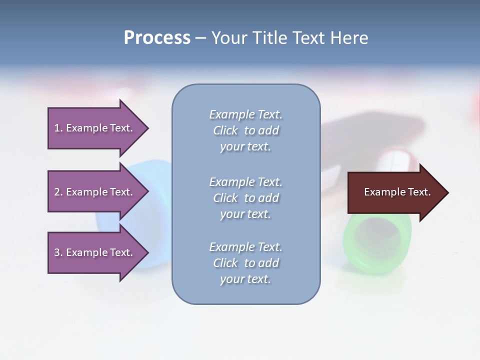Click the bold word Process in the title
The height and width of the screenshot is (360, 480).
pos(157,38)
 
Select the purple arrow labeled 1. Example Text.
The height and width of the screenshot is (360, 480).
pos(95,128)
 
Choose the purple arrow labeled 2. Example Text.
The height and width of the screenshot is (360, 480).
pos(95,192)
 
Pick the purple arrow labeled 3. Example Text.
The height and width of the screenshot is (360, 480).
pos(95,252)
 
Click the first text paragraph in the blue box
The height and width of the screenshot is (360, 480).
pos(245,130)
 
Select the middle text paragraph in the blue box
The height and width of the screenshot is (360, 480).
pos(245,198)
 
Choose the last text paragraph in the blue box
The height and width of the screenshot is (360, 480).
pos(245,263)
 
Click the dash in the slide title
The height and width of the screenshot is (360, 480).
pos(200,38)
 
